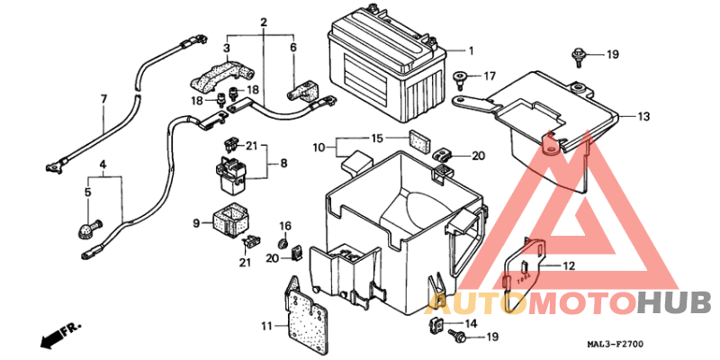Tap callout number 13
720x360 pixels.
pyautogui.click(x=643, y=117)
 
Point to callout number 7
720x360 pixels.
pyautogui.click(x=103, y=98)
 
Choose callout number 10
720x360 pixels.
pyautogui.click(x=319, y=146)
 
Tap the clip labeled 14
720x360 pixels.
pyautogui.click(x=435, y=324)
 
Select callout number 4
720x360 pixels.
pyautogui.click(x=103, y=165)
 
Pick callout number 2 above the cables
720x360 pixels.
pyautogui.click(x=265, y=21)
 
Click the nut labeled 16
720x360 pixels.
pyautogui.click(x=283, y=243)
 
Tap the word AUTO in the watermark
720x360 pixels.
pyautogui.click(x=467, y=303)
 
